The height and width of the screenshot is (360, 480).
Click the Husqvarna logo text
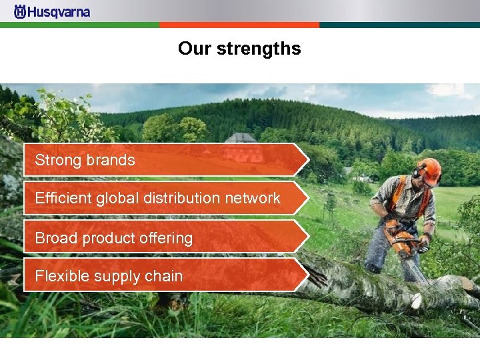point(59,11)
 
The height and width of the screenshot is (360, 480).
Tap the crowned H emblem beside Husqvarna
point(20,11)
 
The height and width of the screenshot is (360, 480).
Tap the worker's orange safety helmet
point(429,171)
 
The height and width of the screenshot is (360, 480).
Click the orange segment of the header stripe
point(239,25)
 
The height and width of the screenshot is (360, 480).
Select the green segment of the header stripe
point(80,25)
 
